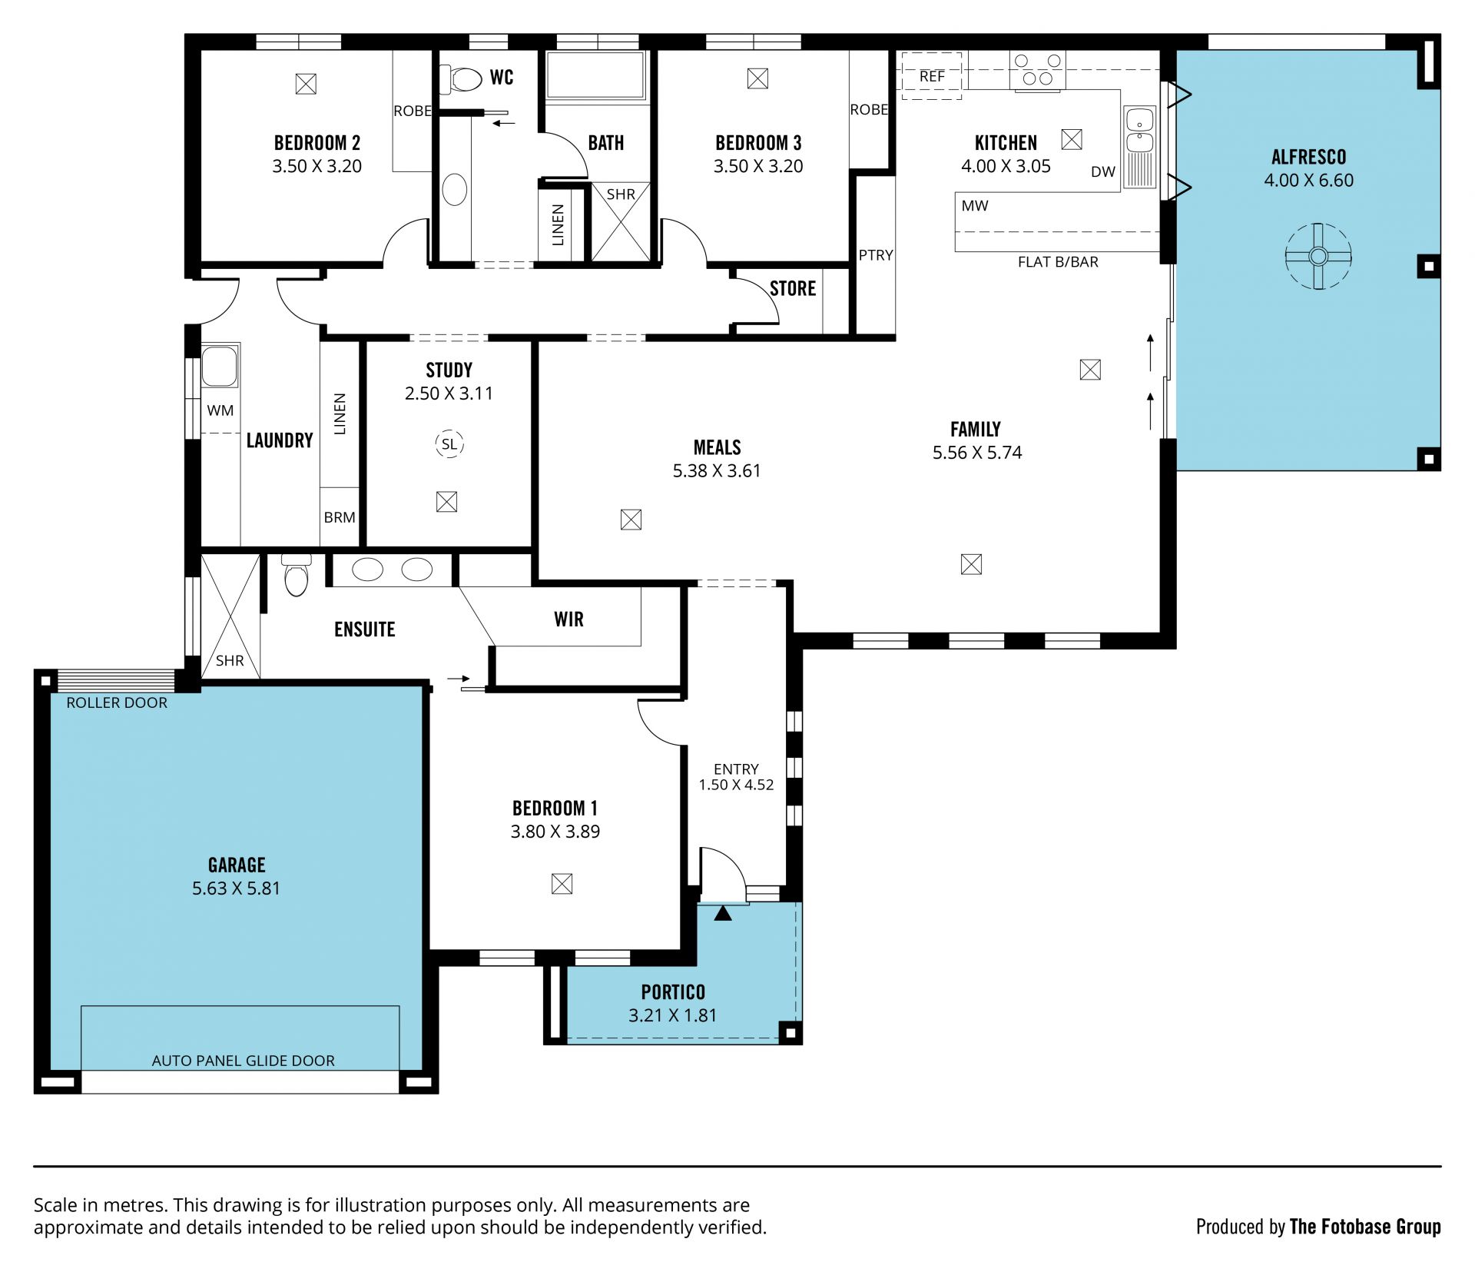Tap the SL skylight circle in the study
click(449, 443)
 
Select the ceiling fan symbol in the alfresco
click(1318, 256)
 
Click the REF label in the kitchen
click(932, 76)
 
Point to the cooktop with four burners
click(1037, 69)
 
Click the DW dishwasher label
click(1102, 171)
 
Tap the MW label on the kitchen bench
click(975, 205)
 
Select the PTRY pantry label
click(876, 254)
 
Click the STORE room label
click(793, 288)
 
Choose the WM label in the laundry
click(220, 410)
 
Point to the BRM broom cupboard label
click(340, 517)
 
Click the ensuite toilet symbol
click(297, 574)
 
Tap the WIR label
click(568, 619)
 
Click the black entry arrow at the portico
click(723, 913)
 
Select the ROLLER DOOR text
click(117, 702)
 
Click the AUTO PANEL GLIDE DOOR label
click(243, 1061)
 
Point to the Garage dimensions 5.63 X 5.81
click(236, 888)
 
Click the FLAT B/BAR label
click(1058, 262)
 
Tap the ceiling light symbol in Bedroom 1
click(562, 884)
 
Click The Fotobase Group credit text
click(1365, 1227)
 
